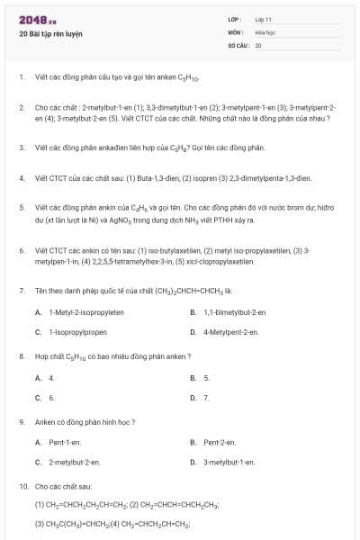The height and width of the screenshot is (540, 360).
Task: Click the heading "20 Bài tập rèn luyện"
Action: click(50, 32)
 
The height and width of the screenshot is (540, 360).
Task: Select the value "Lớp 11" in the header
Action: click(263, 19)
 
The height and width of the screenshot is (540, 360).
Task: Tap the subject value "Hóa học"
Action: click(264, 31)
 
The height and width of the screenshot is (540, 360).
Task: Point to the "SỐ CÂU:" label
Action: click(237, 44)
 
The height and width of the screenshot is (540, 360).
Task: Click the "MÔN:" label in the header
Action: click(235, 31)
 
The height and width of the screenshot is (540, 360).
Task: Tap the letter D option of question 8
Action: click(193, 397)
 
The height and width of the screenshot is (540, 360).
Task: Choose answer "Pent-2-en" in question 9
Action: click(220, 442)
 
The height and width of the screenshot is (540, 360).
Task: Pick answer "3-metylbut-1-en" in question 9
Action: click(229, 462)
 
